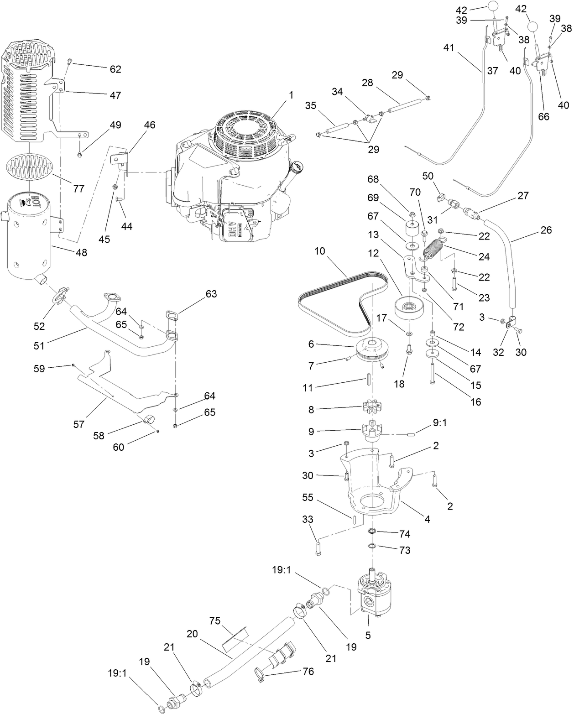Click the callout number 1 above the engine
[x=291, y=95]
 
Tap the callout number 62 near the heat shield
[x=115, y=69]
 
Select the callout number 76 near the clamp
[x=308, y=672]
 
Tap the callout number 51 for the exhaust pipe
[x=39, y=345]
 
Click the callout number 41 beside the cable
[x=449, y=47]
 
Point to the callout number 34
[x=337, y=92]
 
